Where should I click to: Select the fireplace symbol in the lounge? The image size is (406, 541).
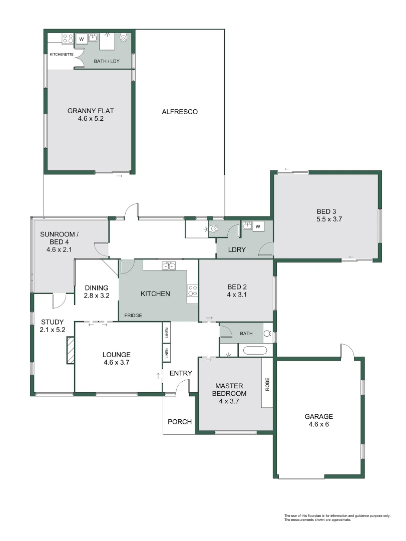[x=70, y=349]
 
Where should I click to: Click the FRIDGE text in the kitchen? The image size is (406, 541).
[x=134, y=316]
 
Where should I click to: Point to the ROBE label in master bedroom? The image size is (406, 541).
[x=267, y=384]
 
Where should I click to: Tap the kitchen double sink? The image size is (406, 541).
[x=169, y=265]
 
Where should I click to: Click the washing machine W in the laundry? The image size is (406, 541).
[x=258, y=227]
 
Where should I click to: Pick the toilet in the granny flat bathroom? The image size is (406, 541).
[x=124, y=38]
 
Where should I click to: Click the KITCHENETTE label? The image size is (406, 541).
[x=62, y=54]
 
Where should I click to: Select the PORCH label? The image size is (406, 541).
[x=180, y=422]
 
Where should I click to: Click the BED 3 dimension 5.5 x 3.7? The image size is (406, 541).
[x=329, y=219]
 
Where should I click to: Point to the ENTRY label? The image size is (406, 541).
[x=180, y=373]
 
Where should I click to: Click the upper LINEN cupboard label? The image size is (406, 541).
[x=166, y=332]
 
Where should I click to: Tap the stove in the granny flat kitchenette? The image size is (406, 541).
[x=68, y=39]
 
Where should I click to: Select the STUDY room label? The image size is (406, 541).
[x=52, y=322]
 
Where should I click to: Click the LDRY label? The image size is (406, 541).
[x=237, y=249]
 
